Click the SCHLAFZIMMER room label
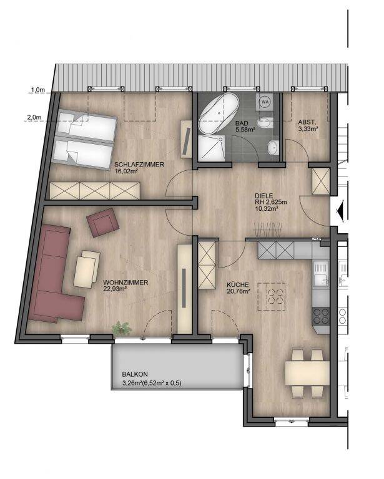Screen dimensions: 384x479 139,165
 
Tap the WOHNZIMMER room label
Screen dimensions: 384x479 126,283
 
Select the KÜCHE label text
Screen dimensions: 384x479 238,285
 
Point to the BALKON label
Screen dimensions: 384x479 135,374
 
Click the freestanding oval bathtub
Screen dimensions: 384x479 219,113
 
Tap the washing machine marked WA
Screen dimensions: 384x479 265,102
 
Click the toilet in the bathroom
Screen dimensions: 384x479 265,122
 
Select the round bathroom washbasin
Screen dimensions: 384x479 273,147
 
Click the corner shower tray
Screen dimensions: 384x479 211,148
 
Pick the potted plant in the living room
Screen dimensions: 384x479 122,329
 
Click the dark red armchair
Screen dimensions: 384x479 103,223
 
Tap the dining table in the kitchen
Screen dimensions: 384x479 307,373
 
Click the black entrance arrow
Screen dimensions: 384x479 340,210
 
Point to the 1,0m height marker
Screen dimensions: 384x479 38,90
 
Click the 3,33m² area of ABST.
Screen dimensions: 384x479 308,128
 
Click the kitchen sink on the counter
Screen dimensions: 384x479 321,274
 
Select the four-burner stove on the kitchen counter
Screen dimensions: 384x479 321,316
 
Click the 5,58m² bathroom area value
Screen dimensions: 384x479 245,129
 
